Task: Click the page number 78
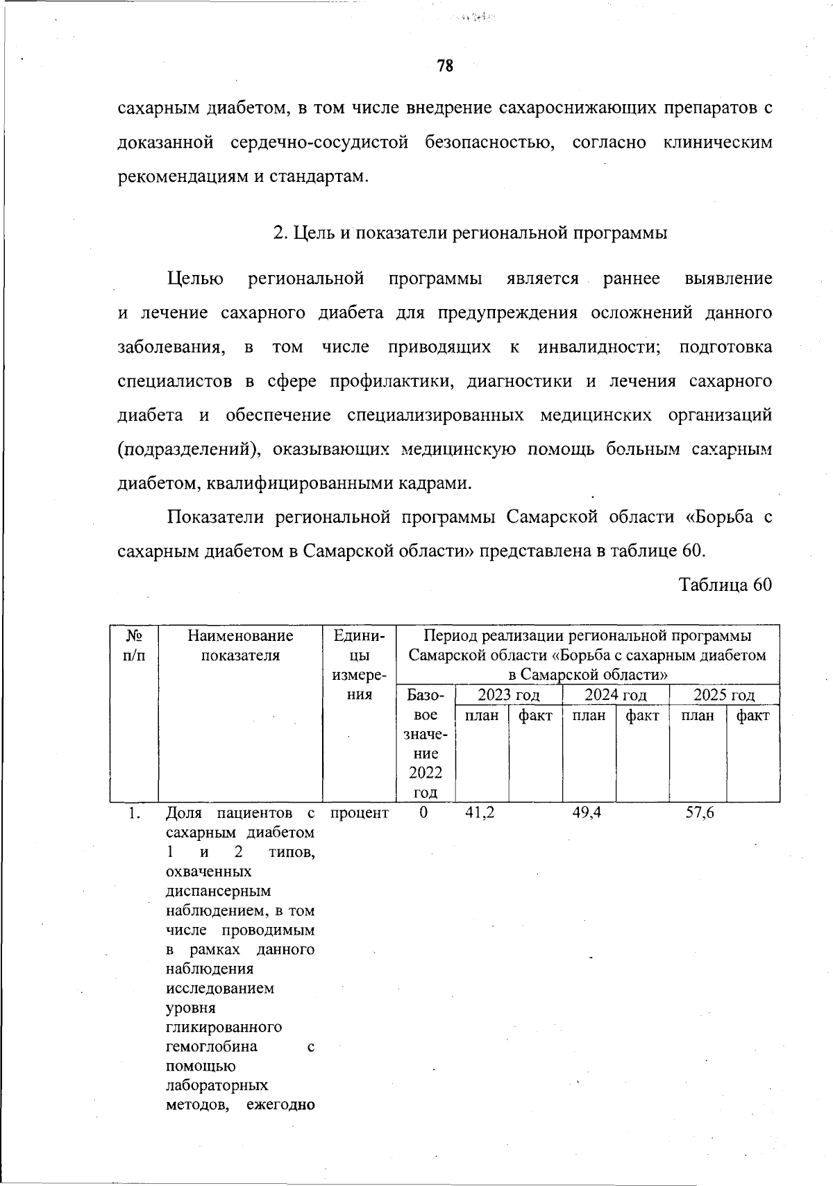coord(445,66)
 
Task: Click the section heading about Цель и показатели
coord(470,233)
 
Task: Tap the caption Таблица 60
coord(725,585)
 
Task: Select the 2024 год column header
coord(615,695)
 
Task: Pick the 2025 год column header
coord(723,695)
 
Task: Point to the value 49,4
coord(587,812)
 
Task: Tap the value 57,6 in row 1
coord(699,812)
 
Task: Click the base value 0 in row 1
coord(424,812)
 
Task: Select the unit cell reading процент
coord(360,812)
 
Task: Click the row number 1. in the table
coord(135,813)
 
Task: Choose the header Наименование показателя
coord(240,645)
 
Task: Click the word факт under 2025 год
coord(752,715)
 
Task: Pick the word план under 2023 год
coord(481,715)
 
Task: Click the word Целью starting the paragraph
coord(195,279)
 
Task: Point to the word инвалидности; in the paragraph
coord(598,347)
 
